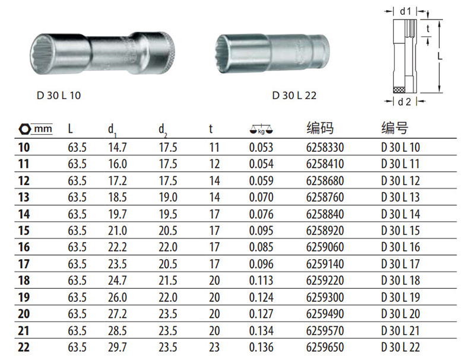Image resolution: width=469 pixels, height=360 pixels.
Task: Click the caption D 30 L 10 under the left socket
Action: [x=59, y=95]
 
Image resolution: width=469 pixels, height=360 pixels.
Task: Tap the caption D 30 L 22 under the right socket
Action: [x=294, y=95]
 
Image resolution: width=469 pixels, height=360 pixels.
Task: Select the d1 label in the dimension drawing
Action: [x=405, y=11]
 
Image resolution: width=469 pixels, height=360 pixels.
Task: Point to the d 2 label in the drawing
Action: [x=404, y=102]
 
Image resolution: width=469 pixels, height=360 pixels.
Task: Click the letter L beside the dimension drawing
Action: [x=440, y=56]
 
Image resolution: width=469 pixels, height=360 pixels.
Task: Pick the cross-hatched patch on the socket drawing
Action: [x=399, y=90]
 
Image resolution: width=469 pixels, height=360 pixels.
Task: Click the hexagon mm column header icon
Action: [x=36, y=129]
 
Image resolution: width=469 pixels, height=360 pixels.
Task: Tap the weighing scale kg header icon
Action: [x=261, y=129]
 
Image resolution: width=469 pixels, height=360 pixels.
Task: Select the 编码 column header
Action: [x=320, y=128]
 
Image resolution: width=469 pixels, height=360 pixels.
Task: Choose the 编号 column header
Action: [x=395, y=128]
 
